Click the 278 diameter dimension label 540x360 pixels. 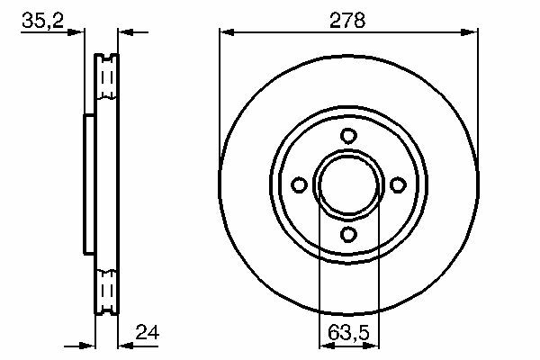coord(347,21)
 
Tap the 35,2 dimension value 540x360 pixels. coord(42,21)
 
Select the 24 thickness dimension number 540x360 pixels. coord(148,332)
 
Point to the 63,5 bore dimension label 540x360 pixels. coord(348,333)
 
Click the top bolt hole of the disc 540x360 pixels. coord(348,136)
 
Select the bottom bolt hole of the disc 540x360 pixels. coord(348,235)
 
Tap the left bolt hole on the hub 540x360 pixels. coord(299,185)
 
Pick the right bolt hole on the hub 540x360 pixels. coord(398,185)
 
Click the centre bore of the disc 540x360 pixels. coord(348,185)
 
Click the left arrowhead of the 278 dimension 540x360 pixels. coord(227,32)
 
